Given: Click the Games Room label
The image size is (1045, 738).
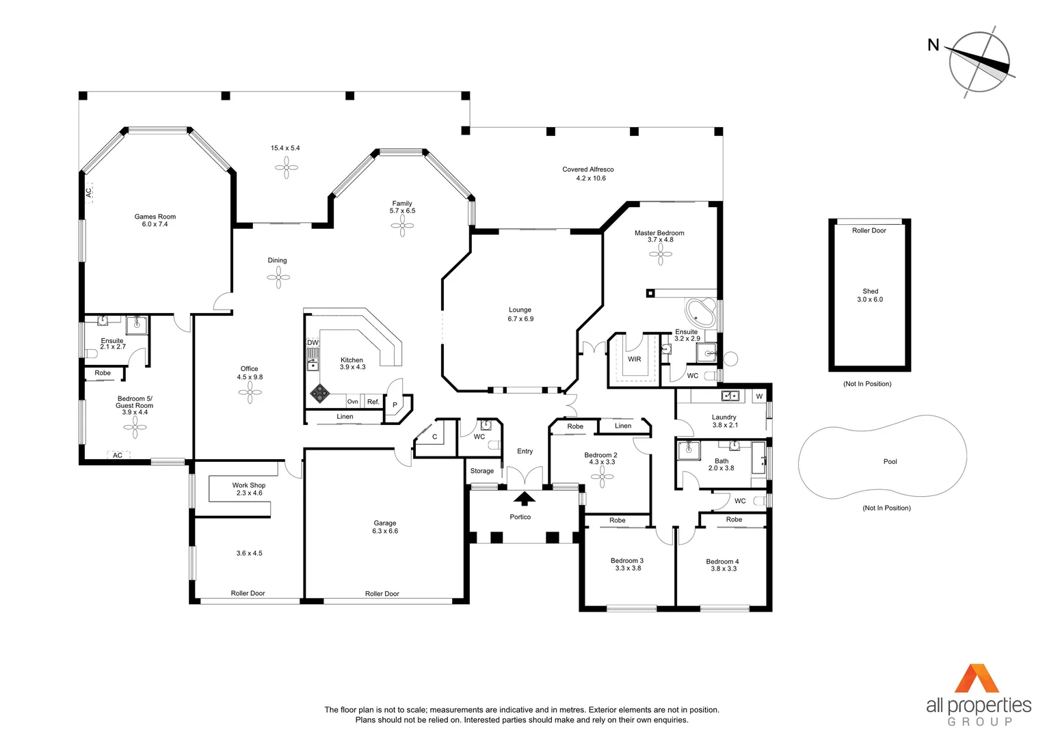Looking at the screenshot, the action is point(155,217).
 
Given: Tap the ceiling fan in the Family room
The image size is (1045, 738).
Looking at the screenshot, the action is point(402,226).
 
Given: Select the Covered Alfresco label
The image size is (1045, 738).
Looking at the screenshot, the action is point(588,169).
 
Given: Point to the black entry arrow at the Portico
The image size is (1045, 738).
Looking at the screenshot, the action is point(525,498).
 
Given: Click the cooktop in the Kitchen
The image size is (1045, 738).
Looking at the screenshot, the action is point(320,393).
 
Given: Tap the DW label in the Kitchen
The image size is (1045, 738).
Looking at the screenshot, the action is point(313,342).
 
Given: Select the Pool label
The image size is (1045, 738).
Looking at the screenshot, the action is point(890,461).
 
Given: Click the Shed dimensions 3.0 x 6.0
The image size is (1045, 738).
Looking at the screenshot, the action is point(870,299).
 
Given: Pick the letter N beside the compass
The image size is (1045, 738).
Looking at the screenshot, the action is point(933,44).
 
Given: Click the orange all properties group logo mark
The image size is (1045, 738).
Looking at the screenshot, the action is point(977,678).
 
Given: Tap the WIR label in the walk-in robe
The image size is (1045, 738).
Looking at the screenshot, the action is point(634,359).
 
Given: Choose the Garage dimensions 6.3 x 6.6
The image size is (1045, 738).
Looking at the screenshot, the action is point(385,531).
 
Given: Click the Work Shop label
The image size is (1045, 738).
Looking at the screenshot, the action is point(249,485).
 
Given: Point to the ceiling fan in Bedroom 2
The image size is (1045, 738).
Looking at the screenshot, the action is point(602,476).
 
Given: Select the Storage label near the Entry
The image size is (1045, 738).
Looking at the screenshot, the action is point(482,471).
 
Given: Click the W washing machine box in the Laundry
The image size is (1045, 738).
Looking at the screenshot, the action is point(760,396).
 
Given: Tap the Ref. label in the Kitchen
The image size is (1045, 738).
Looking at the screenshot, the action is point(373,401).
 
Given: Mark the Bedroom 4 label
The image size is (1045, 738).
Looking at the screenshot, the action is point(722,562).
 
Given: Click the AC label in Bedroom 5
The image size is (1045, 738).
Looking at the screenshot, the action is point(118,455).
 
